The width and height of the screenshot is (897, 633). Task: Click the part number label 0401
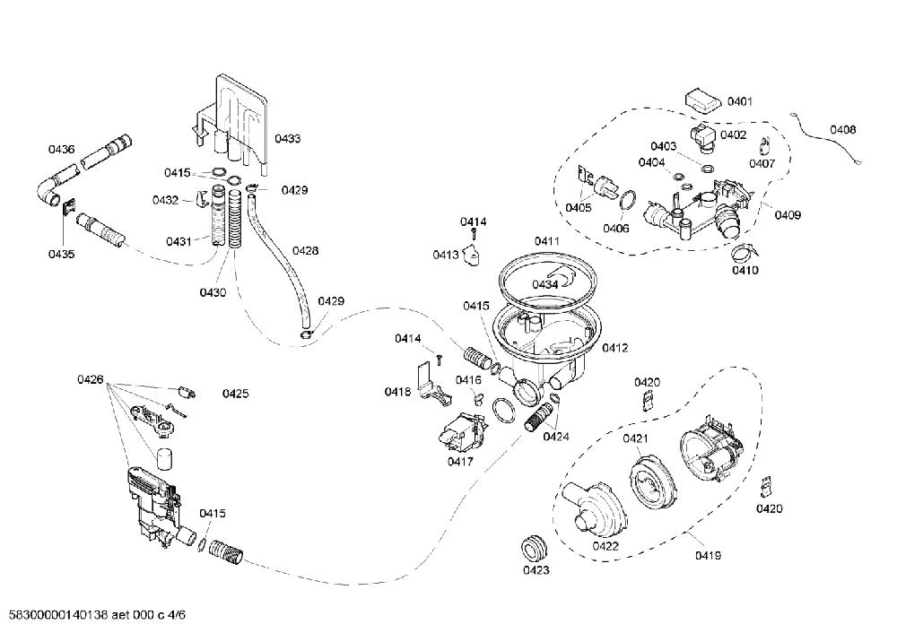[x=740, y=101]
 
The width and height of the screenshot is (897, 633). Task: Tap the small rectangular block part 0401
[x=703, y=102]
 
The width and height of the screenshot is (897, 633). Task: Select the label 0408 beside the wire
[x=842, y=130]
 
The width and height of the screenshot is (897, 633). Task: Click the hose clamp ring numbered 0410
[x=745, y=250]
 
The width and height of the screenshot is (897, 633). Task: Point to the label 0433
[x=287, y=138]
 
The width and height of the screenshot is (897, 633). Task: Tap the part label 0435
[x=61, y=254]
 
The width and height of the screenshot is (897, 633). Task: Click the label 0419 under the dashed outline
[x=709, y=555]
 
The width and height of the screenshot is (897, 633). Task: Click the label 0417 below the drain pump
[x=460, y=461]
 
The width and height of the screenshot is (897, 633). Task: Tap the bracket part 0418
[x=432, y=386]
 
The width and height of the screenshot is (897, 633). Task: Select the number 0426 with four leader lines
[x=91, y=379]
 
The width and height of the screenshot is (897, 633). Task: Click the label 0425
[x=235, y=394]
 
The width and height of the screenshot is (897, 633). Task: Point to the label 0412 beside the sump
[x=615, y=348]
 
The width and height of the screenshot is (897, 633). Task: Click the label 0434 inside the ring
[x=544, y=285]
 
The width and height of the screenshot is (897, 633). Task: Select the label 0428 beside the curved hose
[x=306, y=250]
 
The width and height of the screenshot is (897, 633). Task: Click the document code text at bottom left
[x=94, y=615]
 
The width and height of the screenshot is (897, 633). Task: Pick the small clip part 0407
[x=764, y=146]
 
